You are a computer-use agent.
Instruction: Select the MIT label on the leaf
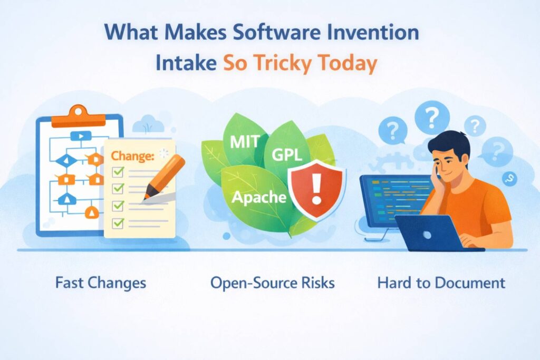coord(245,141)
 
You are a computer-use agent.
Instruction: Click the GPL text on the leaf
coord(286,155)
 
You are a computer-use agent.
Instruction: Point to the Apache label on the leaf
coord(259,197)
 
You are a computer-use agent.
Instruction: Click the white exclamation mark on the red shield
coord(316,189)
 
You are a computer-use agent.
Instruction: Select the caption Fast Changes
coord(101,283)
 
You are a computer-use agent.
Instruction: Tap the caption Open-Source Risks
coord(273,283)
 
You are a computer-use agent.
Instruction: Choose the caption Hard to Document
coord(441,283)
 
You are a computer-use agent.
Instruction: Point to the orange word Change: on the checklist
coord(132,156)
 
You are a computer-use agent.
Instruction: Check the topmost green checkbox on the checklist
coord(118,171)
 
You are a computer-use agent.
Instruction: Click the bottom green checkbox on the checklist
coord(118,223)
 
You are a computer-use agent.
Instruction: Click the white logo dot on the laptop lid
coord(427,235)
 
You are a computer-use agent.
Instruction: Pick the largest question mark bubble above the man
coord(432,117)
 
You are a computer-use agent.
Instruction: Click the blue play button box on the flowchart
coord(81,137)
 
